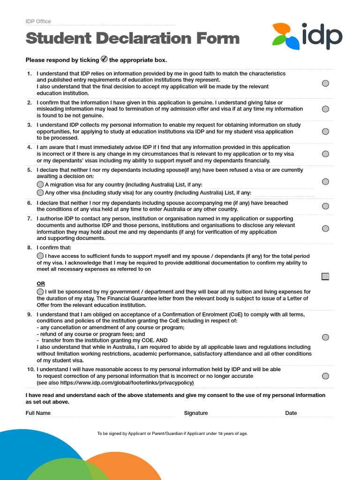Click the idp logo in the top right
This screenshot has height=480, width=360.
(x=307, y=36)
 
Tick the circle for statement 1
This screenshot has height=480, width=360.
(x=325, y=83)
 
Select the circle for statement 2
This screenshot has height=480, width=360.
(x=325, y=109)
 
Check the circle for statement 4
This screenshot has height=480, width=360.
(x=325, y=154)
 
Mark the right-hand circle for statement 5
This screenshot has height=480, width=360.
(x=325, y=181)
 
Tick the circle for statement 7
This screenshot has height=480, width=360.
(x=325, y=228)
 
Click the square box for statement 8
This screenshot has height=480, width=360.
(x=325, y=277)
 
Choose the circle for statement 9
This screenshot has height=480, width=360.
(x=325, y=337)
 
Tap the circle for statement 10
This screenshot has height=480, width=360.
(x=325, y=376)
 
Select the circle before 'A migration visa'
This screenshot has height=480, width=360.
(x=40, y=185)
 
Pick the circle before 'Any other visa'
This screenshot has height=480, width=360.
(x=40, y=193)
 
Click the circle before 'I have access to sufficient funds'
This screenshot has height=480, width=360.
(x=40, y=256)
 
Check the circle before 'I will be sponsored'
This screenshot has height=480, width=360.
(x=40, y=292)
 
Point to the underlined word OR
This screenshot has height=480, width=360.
(x=41, y=284)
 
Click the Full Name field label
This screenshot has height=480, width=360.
(x=38, y=413)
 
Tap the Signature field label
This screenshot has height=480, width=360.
(x=196, y=413)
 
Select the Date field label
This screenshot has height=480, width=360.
(x=291, y=413)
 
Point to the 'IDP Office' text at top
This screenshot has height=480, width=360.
(x=38, y=22)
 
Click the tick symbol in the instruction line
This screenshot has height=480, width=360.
(x=104, y=59)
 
